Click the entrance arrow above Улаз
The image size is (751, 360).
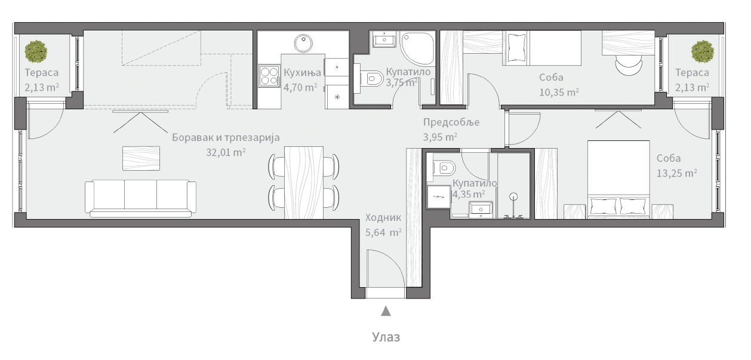coord(386,311)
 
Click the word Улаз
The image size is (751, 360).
coord(386,337)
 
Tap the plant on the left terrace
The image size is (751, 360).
coord(36,51)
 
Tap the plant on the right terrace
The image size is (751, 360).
coord(703,51)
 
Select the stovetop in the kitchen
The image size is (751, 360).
coord(270,76)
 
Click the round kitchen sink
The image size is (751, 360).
coord(303,43)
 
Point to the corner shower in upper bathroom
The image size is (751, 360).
coord(417,48)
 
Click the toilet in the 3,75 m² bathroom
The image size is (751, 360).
coord(371,79)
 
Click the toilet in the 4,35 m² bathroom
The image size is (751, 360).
coord(444,168)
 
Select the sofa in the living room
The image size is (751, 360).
coord(140,198)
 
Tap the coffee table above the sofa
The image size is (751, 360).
coord(141,158)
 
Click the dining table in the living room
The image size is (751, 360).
coord(304,183)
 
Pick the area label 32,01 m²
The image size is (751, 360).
coord(226,152)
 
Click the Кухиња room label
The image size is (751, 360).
coord(302,72)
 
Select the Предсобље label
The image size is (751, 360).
coord(451,122)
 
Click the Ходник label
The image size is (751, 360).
coord(383,217)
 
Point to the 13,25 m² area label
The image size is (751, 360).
coord(676,173)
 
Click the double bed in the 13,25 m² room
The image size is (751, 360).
coord(618,180)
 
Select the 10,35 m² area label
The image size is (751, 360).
coord(559,92)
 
